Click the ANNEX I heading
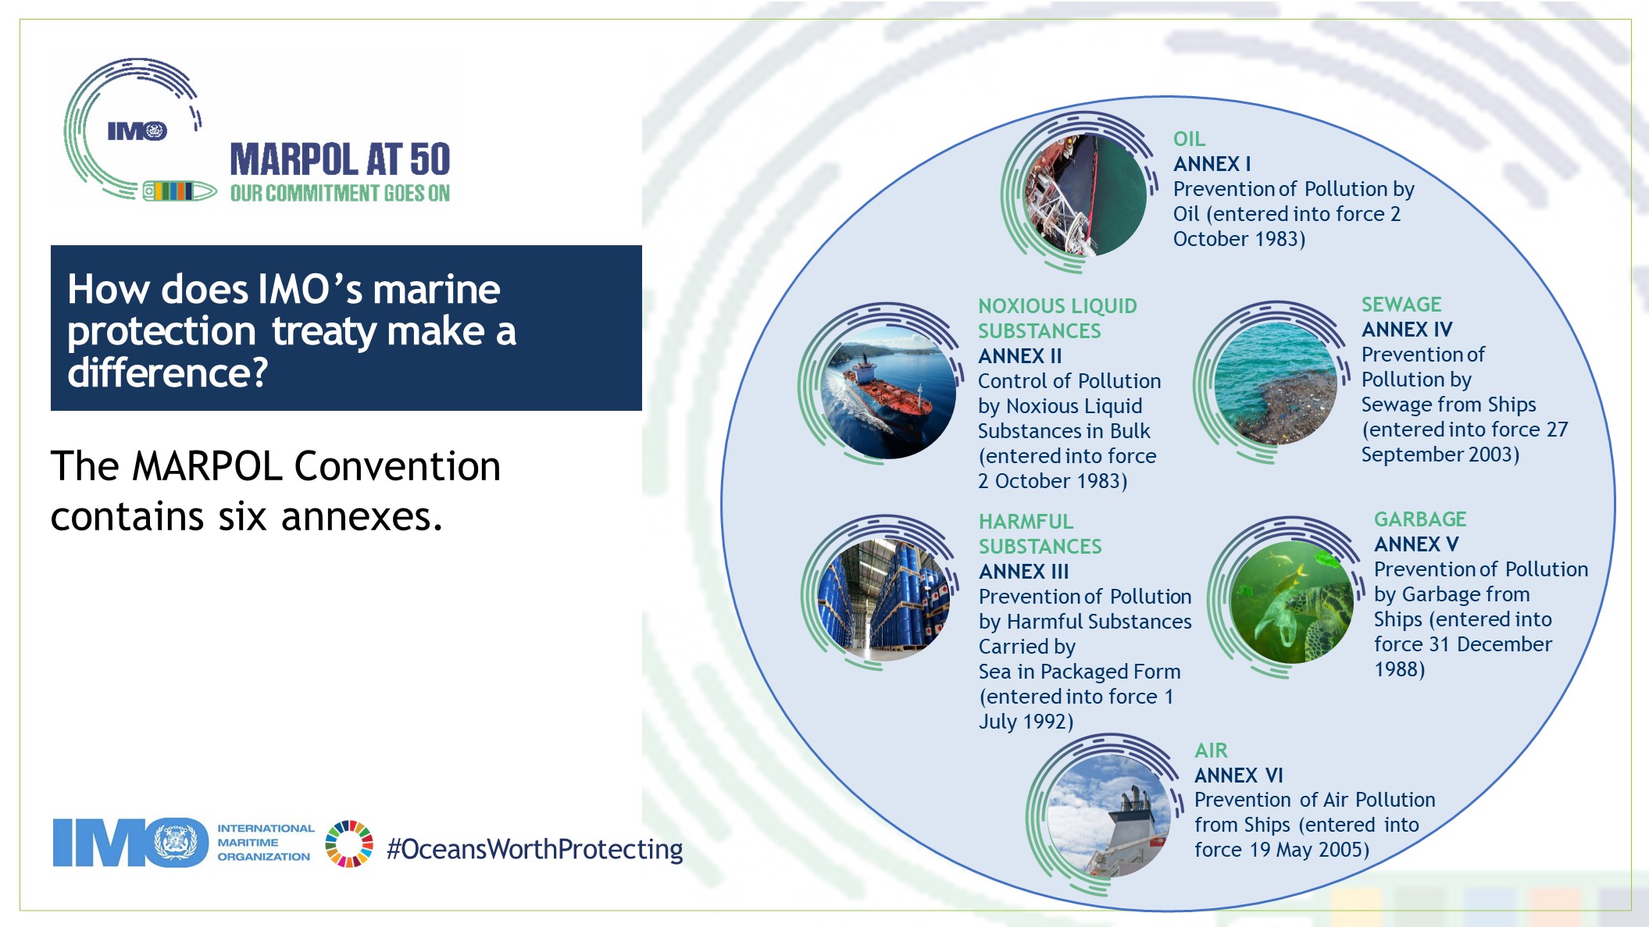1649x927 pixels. point(1212,164)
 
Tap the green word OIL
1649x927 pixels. point(1189,139)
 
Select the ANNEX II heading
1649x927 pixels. point(1019,356)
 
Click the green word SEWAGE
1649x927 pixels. point(1401,305)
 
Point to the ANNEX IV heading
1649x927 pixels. point(1407,330)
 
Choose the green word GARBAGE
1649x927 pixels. point(1420,519)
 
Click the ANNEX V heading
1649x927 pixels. point(1416,544)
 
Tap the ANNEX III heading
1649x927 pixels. point(1024,572)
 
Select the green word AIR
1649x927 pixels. point(1211,751)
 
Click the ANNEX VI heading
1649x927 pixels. point(1239,775)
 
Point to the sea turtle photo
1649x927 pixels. point(1292,602)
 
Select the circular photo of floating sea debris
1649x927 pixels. point(1276,383)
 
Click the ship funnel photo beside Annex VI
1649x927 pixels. point(1108,815)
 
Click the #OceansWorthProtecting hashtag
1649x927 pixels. point(534,849)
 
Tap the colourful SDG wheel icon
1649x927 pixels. point(349,843)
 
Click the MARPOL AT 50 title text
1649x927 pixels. point(340,159)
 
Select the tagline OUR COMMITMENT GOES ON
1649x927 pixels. point(340,193)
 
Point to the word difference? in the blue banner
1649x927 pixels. point(168,373)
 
